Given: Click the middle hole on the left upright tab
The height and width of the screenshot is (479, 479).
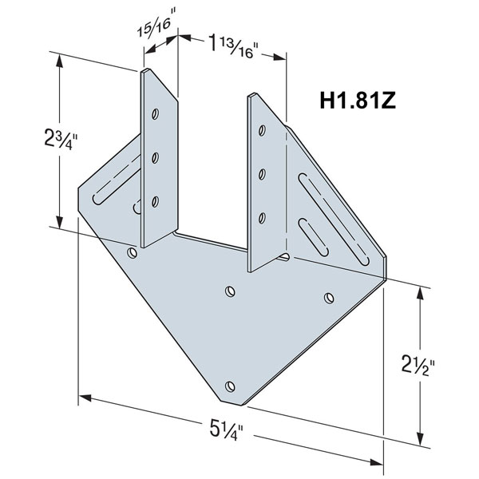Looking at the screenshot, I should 156,156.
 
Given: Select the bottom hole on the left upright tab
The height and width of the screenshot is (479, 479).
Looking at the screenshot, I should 156,200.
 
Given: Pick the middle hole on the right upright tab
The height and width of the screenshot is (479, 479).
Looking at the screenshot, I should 263,172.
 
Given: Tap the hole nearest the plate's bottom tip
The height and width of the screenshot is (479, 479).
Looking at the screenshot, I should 231,386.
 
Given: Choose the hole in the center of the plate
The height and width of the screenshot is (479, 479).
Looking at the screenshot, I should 230,290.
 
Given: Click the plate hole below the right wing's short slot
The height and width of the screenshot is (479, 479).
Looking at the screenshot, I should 328,298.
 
